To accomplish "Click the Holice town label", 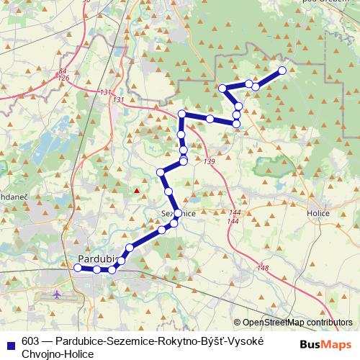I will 317,213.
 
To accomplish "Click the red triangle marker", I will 136,191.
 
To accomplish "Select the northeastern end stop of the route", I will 282,71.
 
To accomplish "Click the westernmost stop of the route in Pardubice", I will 78,268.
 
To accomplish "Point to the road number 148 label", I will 263,268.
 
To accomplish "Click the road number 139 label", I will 209,161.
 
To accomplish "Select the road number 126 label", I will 63,78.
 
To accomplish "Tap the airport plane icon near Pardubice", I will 58,295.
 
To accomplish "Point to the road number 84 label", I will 63,71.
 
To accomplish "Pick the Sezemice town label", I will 177,214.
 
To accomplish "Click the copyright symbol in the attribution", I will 237,323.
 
